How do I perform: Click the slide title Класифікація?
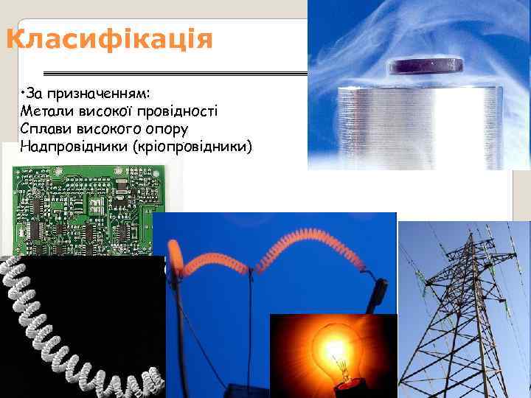tap(108, 38)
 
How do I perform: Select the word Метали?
tap(46, 111)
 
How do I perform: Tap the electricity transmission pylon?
tap(465, 310)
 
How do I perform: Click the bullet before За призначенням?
tap(24, 92)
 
